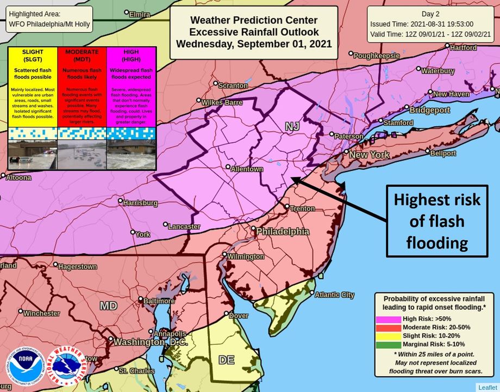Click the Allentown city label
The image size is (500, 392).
coord(247,169)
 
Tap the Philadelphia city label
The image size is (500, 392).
coord(283,232)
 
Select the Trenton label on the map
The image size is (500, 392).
coord(302,209)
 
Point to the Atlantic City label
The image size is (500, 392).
coord(334,295)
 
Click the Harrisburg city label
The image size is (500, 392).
coord(141,203)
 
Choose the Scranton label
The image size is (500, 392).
coord(233,85)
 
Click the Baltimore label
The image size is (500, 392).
coord(159,301)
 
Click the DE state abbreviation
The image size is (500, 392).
coord(226,360)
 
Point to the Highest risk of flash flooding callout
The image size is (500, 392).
coord(437,221)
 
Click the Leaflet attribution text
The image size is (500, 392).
coord(487,387)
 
